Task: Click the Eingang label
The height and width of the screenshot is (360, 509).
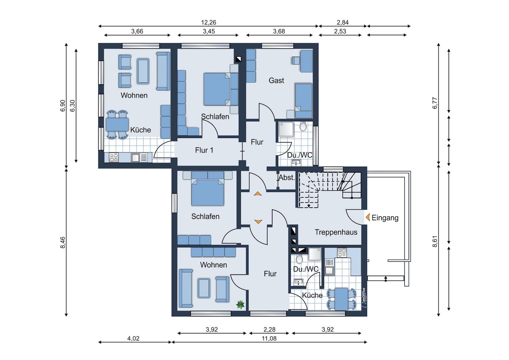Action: (385, 218)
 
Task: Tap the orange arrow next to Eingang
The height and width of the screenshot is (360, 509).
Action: (368, 218)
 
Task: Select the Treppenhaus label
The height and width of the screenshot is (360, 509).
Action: (336, 232)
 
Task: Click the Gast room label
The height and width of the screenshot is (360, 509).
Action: (276, 80)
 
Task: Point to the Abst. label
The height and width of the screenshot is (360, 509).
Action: (287, 178)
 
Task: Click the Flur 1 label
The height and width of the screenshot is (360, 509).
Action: (204, 150)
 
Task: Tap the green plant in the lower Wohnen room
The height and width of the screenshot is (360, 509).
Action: (240, 304)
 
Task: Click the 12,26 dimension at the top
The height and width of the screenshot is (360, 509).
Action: (209, 23)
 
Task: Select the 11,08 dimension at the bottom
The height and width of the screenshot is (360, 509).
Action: (269, 339)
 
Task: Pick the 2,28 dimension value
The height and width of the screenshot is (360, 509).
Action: (269, 330)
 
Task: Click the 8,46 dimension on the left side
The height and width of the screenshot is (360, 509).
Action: (63, 243)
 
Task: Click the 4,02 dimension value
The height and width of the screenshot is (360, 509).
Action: (133, 339)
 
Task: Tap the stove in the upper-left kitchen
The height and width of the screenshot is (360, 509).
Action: (114, 157)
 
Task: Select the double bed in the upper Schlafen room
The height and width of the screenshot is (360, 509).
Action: (217, 89)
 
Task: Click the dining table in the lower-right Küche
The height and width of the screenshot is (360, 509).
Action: (341, 299)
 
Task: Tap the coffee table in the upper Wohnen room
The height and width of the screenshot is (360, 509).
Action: (143, 71)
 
